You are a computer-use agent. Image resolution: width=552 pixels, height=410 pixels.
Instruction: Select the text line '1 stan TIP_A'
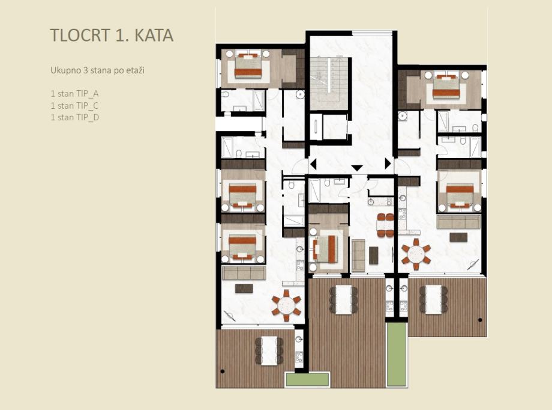(74, 94)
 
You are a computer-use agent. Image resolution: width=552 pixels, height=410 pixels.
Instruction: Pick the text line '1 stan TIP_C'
(74, 105)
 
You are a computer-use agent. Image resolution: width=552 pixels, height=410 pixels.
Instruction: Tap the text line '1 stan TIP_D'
(75, 117)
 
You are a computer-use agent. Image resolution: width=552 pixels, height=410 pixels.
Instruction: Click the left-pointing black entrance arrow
(313, 164)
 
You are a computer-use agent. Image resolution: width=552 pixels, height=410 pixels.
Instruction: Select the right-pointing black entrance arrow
(388, 164)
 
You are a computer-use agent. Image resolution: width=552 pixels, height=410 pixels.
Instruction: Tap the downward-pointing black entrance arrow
(357, 168)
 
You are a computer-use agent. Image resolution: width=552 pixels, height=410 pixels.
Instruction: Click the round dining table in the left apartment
(286, 305)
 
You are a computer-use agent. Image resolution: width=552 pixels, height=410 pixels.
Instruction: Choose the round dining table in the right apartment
(416, 254)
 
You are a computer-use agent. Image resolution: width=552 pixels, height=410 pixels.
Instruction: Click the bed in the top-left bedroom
(248, 66)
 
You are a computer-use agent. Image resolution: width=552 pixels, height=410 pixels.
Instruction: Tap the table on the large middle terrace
(344, 300)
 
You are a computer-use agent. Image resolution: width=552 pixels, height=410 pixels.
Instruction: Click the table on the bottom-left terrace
(269, 350)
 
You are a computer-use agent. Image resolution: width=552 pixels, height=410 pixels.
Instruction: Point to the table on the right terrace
(433, 299)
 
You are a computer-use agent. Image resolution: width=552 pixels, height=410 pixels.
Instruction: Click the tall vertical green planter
(397, 354)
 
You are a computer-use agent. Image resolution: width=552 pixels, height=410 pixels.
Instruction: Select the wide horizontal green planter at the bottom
(308, 380)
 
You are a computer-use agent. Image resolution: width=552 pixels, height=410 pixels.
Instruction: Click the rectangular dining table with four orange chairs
(385, 225)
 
